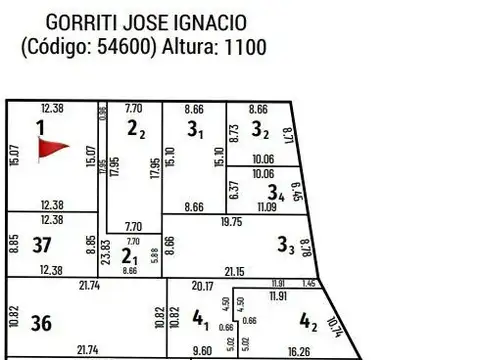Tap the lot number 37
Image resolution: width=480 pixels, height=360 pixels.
pyautogui.click(x=41, y=244)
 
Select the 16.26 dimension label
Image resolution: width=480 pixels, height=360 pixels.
pyautogui.click(x=299, y=351)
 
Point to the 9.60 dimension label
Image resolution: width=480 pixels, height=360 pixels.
pyautogui.click(x=204, y=351)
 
